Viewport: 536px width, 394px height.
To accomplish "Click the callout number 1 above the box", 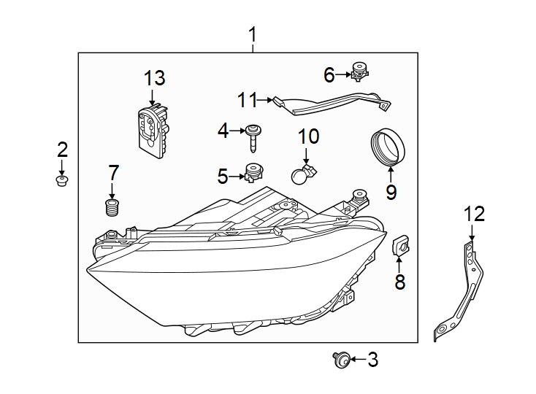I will (253, 34).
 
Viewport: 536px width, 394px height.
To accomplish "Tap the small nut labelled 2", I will (62, 179).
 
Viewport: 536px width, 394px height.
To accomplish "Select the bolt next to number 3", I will (340, 358).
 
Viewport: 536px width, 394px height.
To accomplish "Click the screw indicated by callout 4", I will (253, 135).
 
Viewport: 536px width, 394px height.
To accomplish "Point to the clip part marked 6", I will (358, 72).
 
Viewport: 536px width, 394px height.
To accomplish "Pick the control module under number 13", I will (154, 131).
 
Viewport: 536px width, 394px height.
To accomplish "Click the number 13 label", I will (154, 78).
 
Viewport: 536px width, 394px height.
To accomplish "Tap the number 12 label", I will (474, 214).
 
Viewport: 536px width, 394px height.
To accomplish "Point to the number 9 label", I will (391, 193).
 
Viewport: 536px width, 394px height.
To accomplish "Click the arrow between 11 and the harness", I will (266, 100).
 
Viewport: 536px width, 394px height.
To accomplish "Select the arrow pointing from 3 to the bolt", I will (355, 358).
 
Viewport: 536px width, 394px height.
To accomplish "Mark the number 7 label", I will (113, 173).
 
